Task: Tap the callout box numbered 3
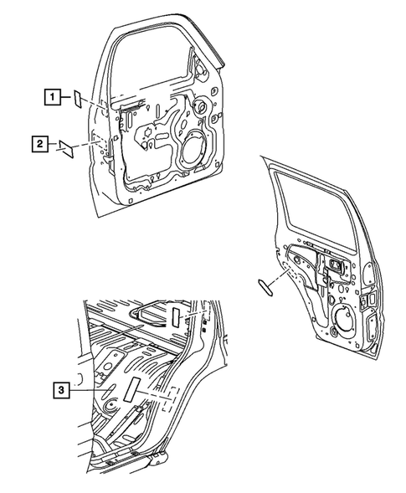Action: click(59, 389)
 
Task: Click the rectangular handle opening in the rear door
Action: click(340, 267)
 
